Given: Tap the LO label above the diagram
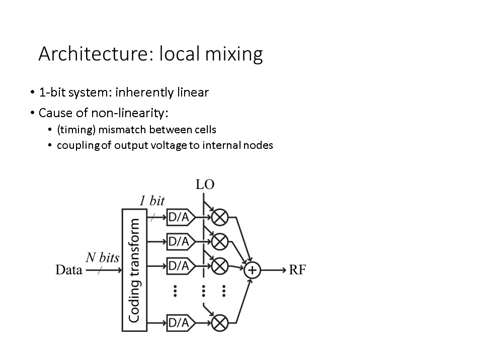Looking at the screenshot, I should pos(205,185).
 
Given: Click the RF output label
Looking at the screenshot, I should pos(297,270).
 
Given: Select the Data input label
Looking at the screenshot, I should pos(69,270).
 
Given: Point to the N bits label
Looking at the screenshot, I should pos(102,258).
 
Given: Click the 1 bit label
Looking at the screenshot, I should pos(152,200).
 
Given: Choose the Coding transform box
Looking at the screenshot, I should pos(134,270).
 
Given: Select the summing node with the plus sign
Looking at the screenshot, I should pos(252,270).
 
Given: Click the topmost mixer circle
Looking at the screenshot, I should pos(219,217).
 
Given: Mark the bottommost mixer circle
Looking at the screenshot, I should pos(219,323).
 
